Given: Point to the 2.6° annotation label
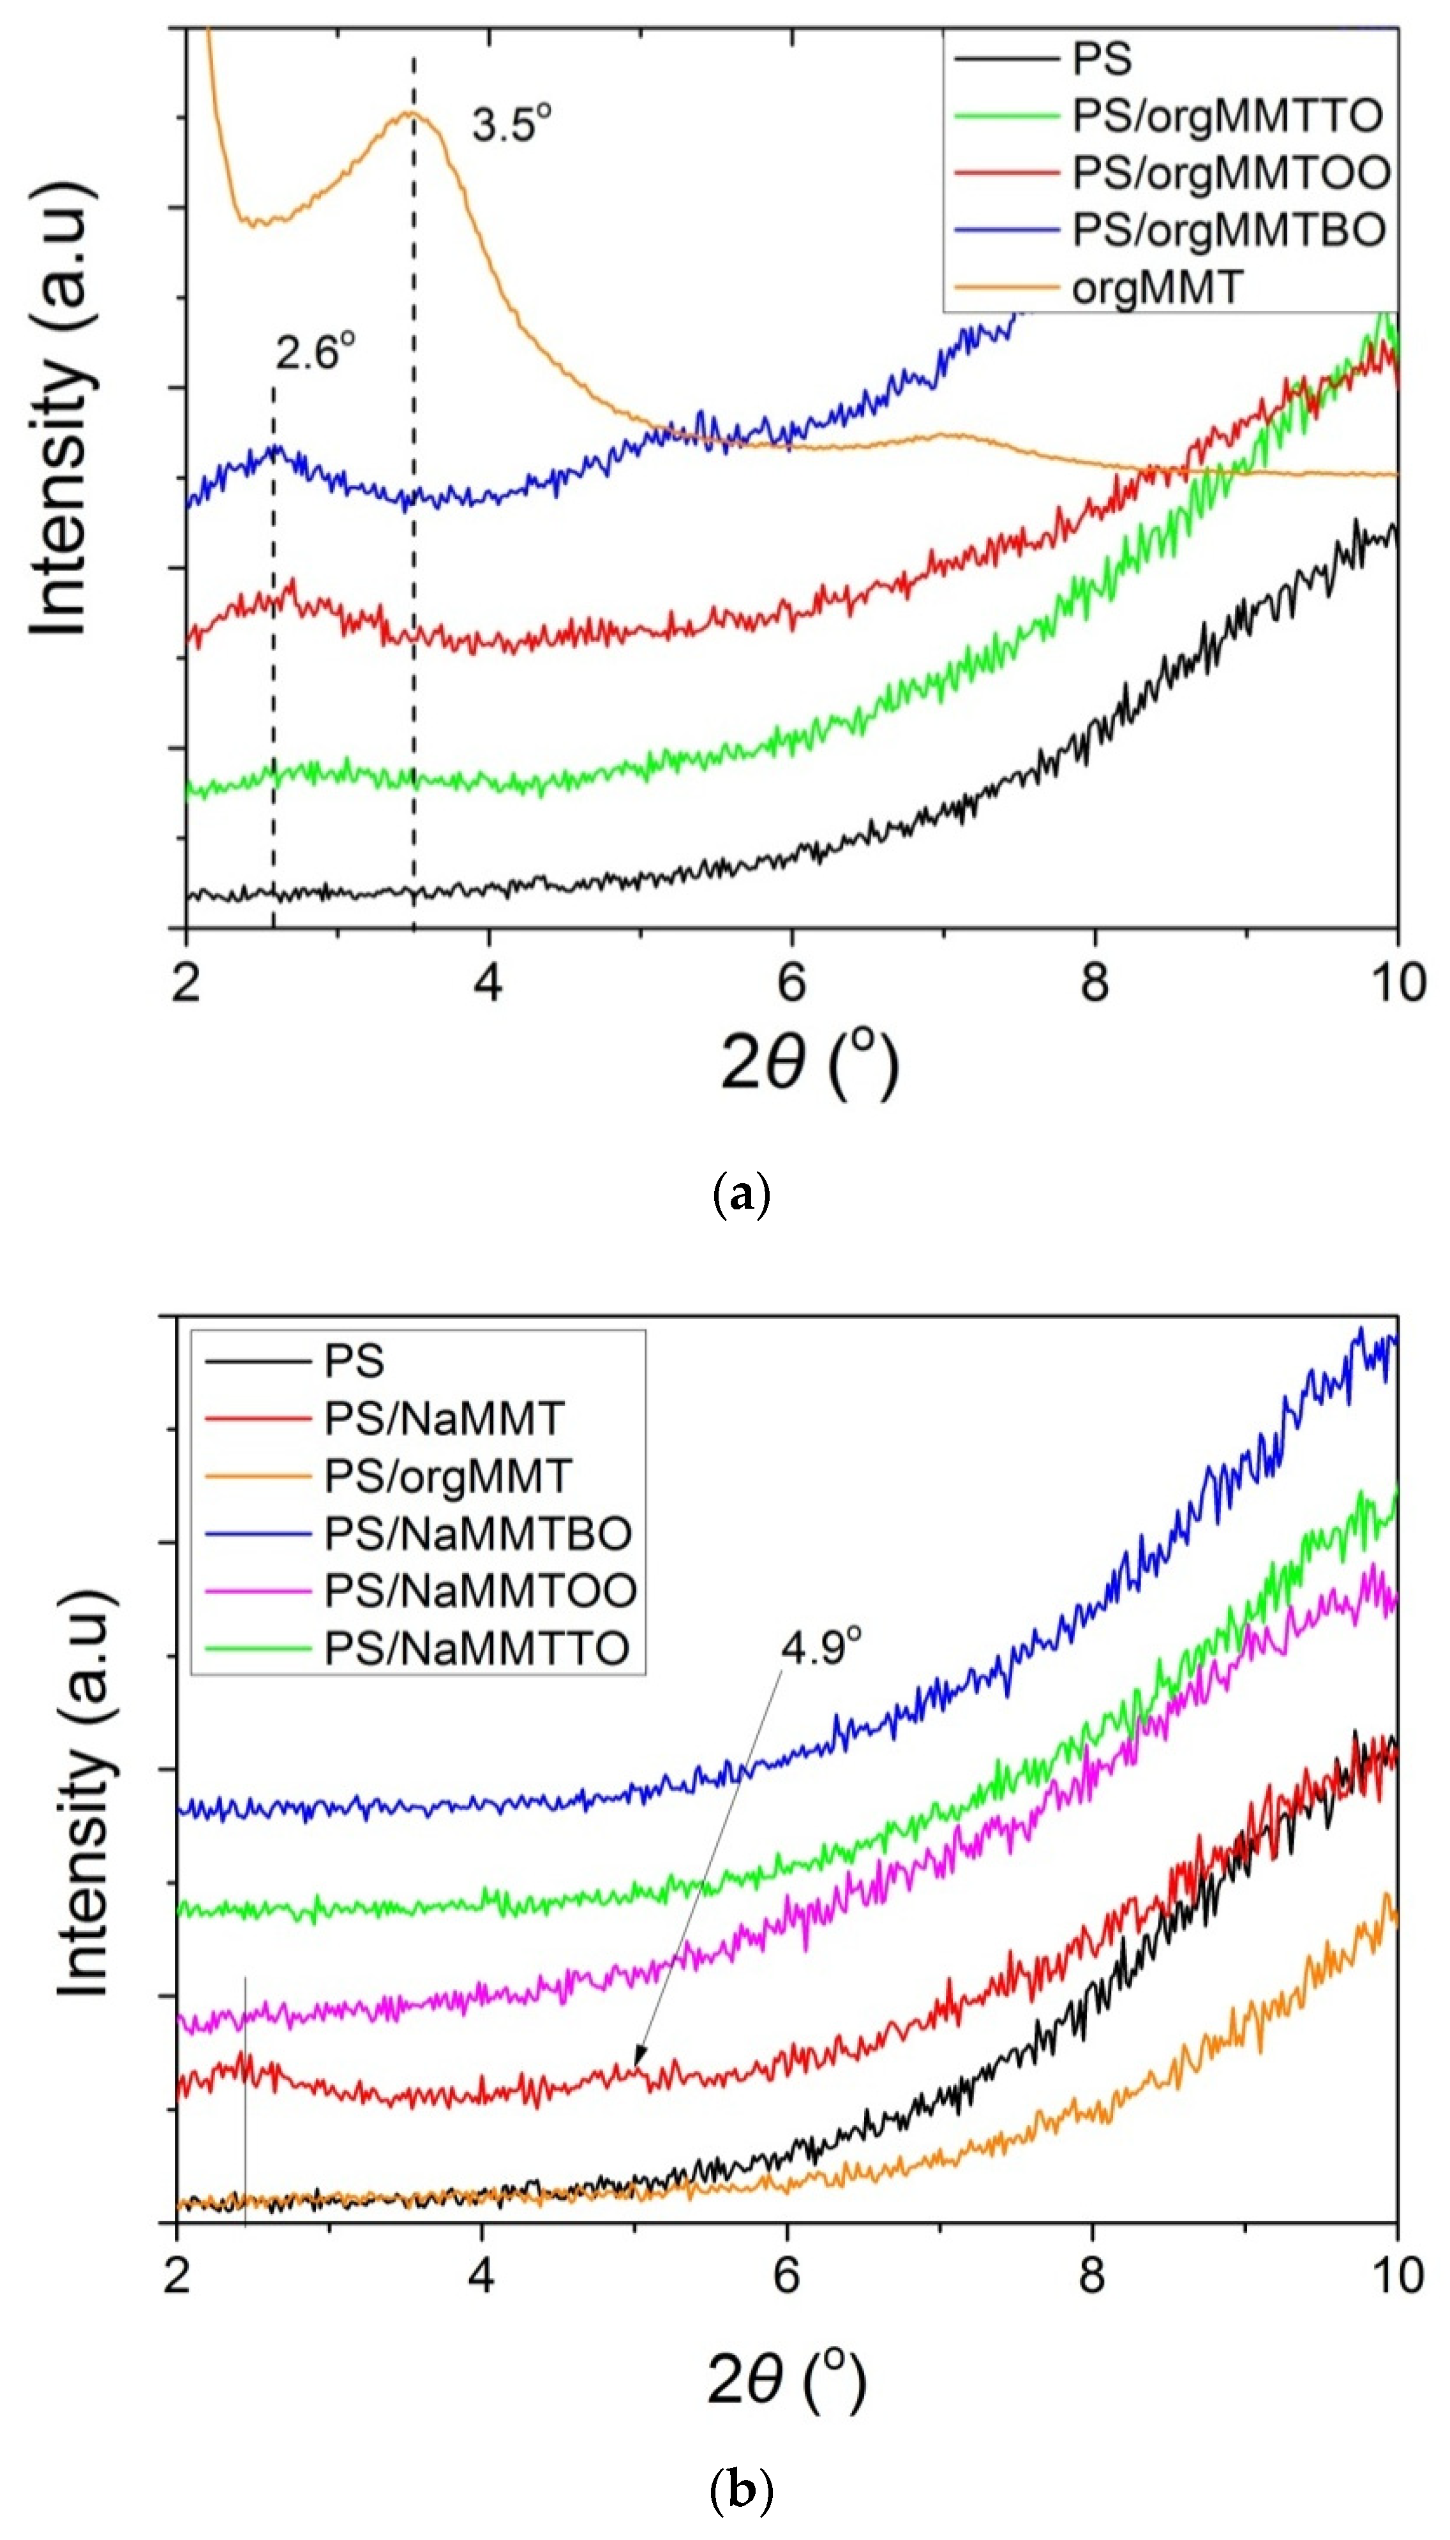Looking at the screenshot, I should [x=315, y=352].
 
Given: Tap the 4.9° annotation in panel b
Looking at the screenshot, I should [x=819, y=1647].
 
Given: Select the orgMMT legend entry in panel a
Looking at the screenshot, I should [x=1157, y=288].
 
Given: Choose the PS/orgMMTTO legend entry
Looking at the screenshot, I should [x=1227, y=117].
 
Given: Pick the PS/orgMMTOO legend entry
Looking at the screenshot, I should [x=1230, y=173].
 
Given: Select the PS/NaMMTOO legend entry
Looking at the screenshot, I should [x=480, y=1590].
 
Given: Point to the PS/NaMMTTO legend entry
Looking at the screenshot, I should [x=477, y=1648].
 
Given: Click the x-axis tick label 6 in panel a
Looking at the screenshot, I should [x=791, y=983].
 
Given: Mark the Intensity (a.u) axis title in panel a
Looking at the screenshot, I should [x=62, y=408].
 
